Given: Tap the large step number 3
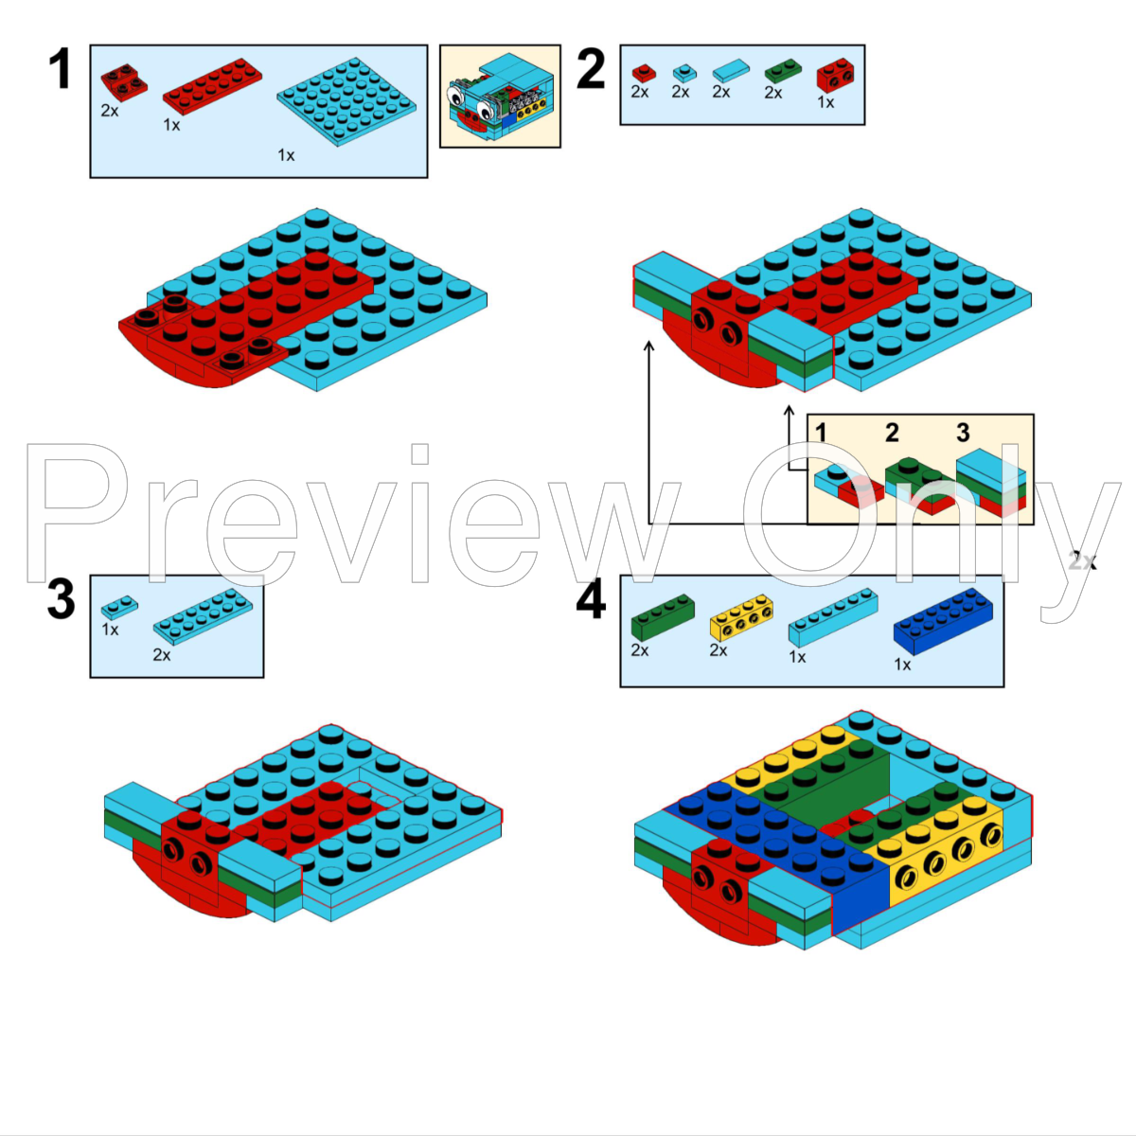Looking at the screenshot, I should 61,599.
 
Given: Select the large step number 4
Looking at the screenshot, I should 591,600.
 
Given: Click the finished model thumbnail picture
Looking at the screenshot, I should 499,98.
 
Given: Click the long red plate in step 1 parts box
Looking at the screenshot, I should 213,86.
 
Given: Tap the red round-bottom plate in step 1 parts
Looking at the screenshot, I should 123,82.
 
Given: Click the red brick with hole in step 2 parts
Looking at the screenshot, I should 835,73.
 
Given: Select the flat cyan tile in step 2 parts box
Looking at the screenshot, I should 730,70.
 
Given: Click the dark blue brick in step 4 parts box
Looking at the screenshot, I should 943,620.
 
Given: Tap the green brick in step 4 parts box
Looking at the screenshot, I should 663,617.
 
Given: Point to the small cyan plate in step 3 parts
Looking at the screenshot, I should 119,606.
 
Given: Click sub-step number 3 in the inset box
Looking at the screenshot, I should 963,433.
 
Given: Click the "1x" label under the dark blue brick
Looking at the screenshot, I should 902,665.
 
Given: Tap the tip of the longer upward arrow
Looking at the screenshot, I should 648,345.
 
